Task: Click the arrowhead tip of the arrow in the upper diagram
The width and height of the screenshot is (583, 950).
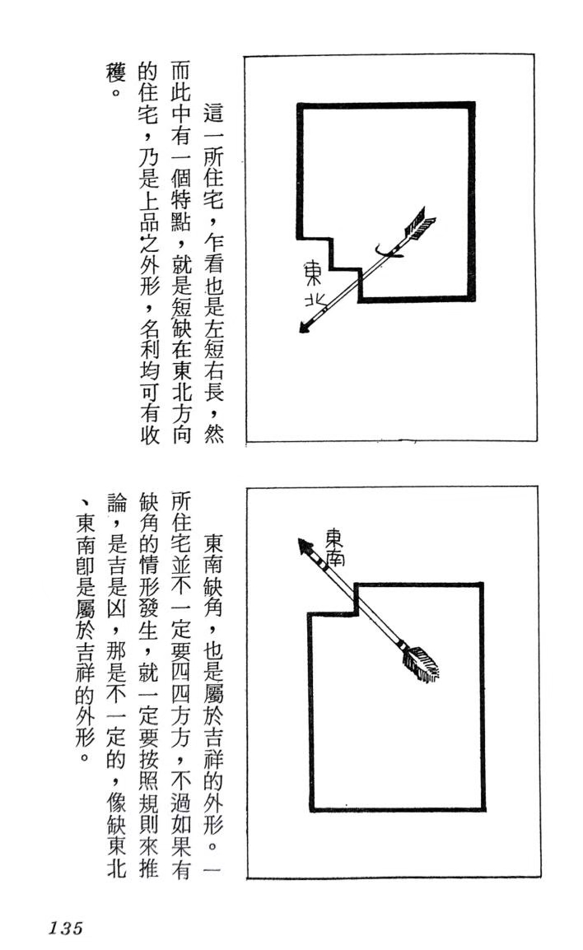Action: (x=300, y=332)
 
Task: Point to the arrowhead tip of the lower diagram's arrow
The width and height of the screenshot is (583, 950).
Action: (x=298, y=538)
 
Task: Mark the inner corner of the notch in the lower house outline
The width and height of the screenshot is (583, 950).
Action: (x=355, y=614)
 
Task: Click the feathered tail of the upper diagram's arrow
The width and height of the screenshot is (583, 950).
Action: (x=419, y=225)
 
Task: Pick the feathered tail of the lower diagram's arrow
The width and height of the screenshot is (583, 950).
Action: (x=421, y=664)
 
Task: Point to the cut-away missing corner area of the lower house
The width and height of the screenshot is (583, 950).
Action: (x=332, y=598)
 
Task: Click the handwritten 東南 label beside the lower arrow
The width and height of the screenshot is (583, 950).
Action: (x=335, y=546)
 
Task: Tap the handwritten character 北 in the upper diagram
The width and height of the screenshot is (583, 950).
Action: (x=314, y=300)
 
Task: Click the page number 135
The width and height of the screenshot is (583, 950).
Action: (x=65, y=928)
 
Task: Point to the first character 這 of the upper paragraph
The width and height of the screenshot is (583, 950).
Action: (x=212, y=113)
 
